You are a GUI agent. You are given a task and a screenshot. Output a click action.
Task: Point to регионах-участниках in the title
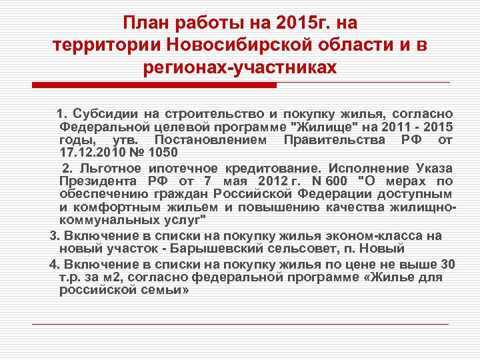pos(240,67)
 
